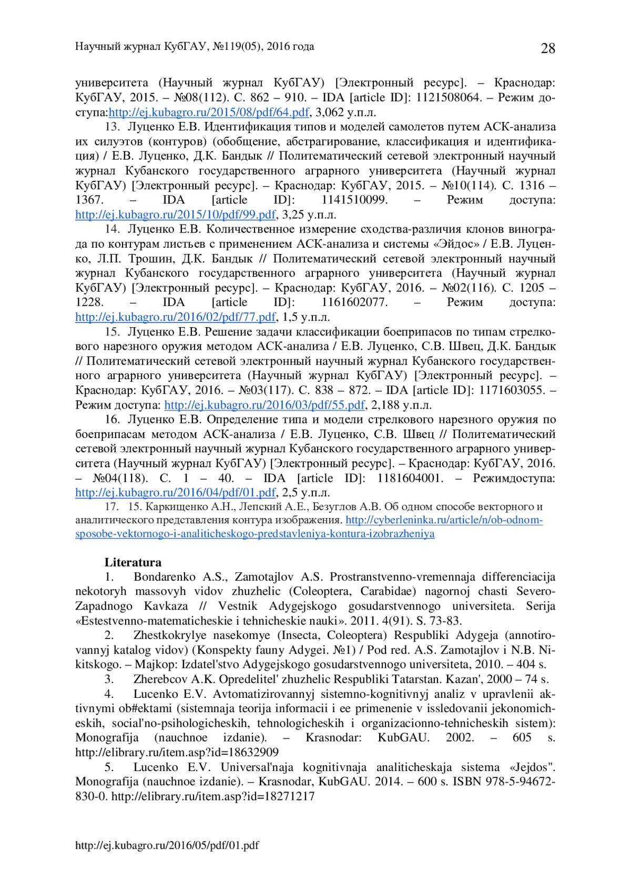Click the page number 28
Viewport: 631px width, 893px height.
[x=547, y=48]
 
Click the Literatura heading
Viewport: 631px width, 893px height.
[x=133, y=562]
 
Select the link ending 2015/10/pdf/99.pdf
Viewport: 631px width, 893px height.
[x=176, y=215]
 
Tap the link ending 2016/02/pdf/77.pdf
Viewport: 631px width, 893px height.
[x=176, y=317]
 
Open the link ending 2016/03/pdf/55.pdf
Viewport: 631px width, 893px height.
[x=264, y=405]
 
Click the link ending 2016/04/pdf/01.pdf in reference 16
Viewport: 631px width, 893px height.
[x=176, y=493]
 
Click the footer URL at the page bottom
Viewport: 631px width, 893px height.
[x=167, y=845]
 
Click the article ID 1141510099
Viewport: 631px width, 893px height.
[x=354, y=200]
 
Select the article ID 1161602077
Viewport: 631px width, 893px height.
[x=354, y=302]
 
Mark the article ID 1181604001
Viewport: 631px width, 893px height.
[x=410, y=478]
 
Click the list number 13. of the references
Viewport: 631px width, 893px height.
[x=113, y=127]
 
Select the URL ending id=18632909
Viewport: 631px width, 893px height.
[x=177, y=752]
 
